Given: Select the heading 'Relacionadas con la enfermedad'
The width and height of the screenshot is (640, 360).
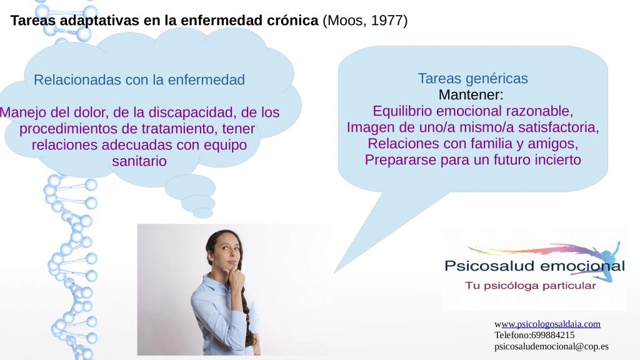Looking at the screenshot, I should pyautogui.click(x=139, y=80).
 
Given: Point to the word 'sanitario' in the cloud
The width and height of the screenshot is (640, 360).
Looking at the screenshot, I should pyautogui.click(x=139, y=161).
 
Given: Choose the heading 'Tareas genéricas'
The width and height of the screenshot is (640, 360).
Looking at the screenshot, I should pyautogui.click(x=472, y=79).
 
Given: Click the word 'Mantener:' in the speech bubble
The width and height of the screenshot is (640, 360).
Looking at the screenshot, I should pyautogui.click(x=471, y=95).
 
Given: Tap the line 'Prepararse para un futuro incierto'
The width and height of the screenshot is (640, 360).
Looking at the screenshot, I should pyautogui.click(x=472, y=160).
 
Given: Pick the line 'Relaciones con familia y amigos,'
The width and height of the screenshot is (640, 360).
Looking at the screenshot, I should pyautogui.click(x=472, y=144).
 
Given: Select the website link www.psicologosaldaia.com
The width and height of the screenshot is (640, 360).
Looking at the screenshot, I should pyautogui.click(x=551, y=324).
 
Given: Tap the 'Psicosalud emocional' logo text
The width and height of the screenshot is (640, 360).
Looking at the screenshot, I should pyautogui.click(x=534, y=266).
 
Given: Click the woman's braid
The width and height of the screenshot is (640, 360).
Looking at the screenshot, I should pyautogui.click(x=247, y=312).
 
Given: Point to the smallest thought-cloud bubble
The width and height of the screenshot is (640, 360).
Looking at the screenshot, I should pyautogui.click(x=202, y=213).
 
